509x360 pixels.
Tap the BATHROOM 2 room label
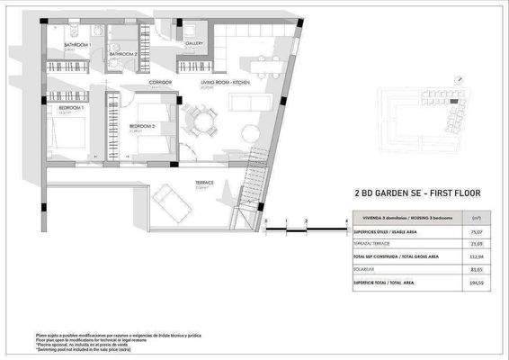click(x=123, y=54)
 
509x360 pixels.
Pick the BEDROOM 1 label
click(x=71, y=108)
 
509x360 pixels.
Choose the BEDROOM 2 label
click(x=142, y=125)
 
